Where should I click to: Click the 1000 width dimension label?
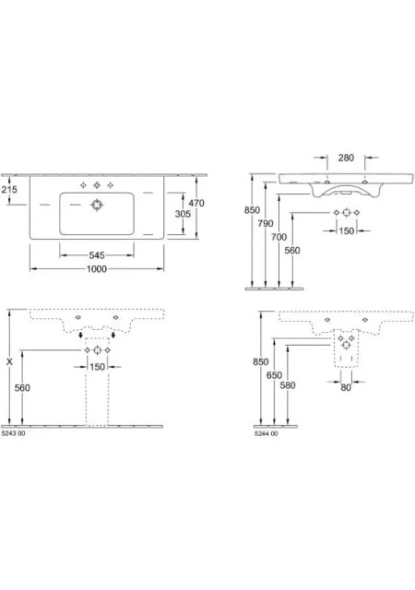(97, 268)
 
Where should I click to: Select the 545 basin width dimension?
(97, 255)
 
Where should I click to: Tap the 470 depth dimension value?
(196, 203)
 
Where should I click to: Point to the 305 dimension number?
(183, 214)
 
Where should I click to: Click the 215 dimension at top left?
(9, 189)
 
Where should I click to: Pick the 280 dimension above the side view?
(346, 158)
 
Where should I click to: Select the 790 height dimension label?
(266, 223)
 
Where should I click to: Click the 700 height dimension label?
(279, 237)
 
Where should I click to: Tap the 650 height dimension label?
(274, 375)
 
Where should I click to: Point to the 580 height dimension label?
(288, 385)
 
